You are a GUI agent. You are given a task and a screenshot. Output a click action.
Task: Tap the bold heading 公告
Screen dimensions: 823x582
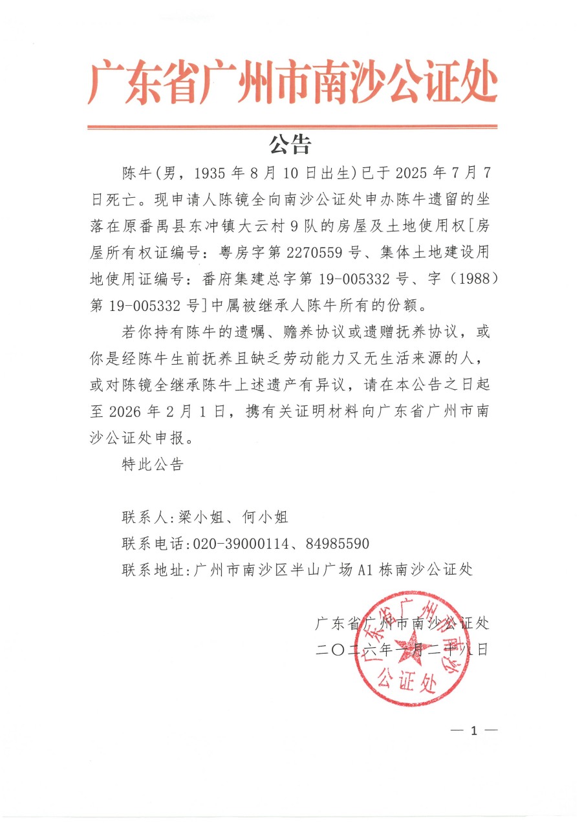point(290,144)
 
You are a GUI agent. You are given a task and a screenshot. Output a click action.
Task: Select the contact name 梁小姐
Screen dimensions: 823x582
point(199,517)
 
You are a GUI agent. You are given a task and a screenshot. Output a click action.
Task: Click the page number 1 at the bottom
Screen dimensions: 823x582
point(473,731)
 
